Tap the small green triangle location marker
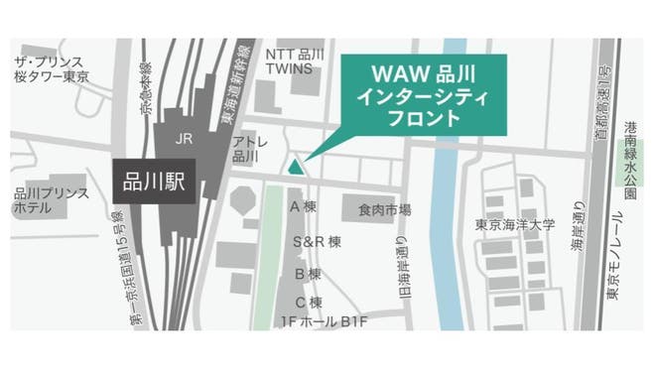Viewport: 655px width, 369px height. tap(295, 166)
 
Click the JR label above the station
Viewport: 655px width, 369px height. tap(182, 139)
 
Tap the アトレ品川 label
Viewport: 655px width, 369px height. tap(245, 150)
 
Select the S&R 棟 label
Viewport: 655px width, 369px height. tap(317, 241)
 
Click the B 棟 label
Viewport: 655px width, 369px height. tap(307, 273)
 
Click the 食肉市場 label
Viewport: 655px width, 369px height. tap(385, 210)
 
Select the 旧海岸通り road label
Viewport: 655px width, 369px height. tap(404, 267)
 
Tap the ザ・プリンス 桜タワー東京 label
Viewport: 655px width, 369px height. tap(51, 69)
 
